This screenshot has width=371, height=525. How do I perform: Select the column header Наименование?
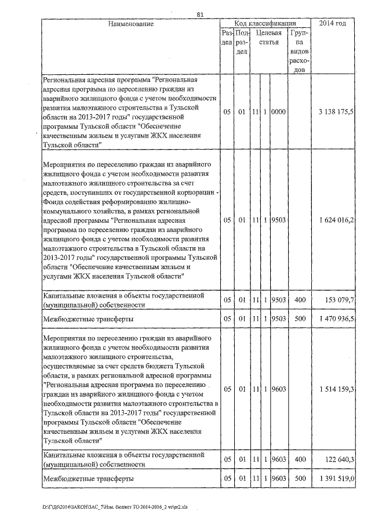[x=130, y=24]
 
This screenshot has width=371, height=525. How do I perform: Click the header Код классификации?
[x=265, y=24]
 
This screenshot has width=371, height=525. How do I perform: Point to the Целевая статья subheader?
[x=268, y=38]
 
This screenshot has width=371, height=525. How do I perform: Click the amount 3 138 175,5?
[x=336, y=111]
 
